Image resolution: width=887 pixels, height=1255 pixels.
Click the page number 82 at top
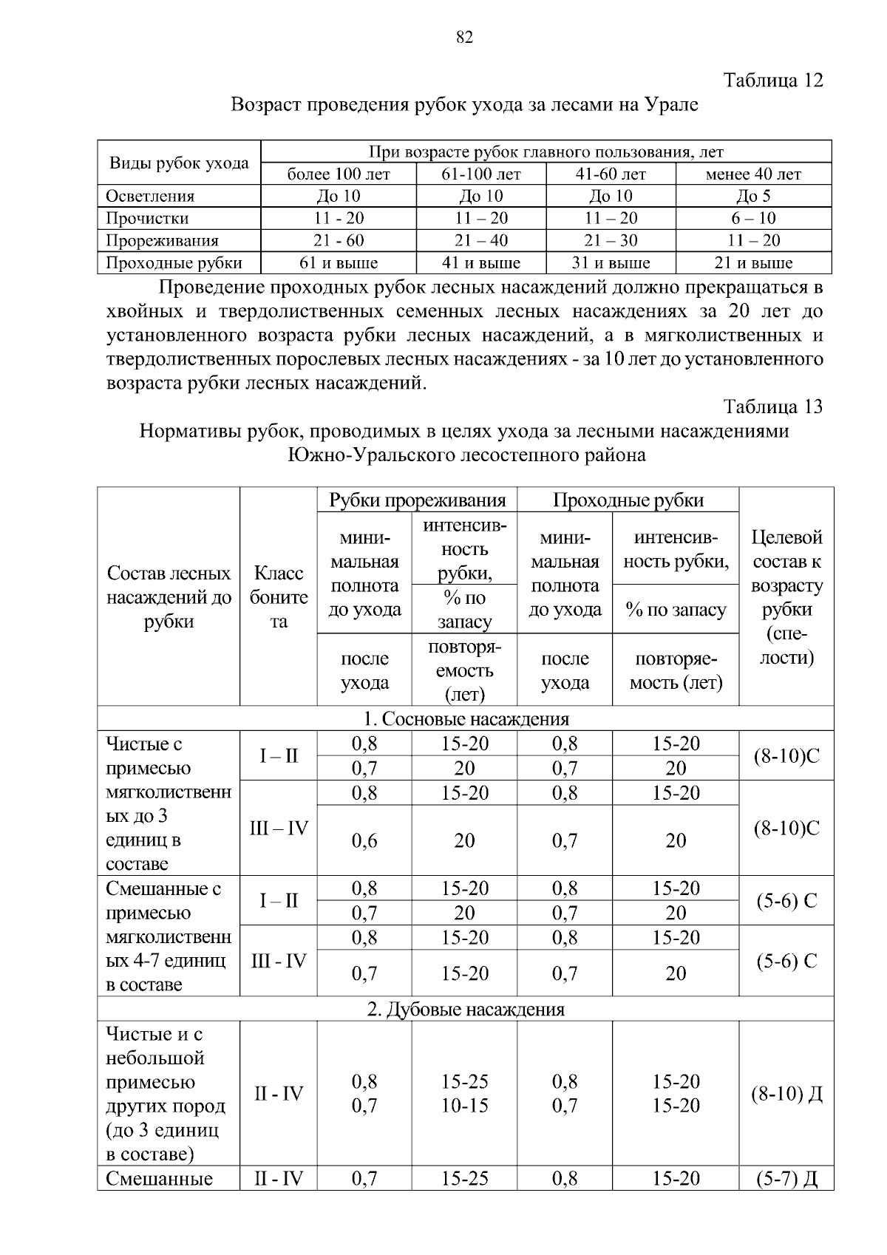[x=464, y=38]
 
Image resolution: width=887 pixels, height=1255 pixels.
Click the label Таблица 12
[x=773, y=80]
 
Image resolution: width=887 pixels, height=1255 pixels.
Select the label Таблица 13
[x=773, y=407]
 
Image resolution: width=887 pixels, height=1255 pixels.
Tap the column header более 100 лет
[x=339, y=174]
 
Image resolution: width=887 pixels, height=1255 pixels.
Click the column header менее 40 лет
[x=753, y=174]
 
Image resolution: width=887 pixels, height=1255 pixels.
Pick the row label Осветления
[x=150, y=196]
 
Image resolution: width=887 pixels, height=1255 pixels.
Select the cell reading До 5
[x=753, y=196]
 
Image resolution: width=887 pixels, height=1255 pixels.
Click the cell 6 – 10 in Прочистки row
[x=753, y=218]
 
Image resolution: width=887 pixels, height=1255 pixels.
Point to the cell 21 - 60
[x=339, y=240]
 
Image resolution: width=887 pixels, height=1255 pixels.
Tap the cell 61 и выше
[x=339, y=263]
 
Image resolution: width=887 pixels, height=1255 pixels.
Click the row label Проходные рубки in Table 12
[x=174, y=263]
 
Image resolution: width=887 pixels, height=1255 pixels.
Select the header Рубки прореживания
[x=417, y=500]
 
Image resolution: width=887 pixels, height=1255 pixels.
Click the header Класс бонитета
[x=279, y=597]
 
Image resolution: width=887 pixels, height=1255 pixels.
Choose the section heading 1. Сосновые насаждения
[x=466, y=719]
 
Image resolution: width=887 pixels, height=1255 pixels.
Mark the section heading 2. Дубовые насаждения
[x=466, y=1010]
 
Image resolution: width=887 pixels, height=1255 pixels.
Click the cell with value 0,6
[x=364, y=841]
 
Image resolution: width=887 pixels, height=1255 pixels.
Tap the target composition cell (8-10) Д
[x=786, y=1094]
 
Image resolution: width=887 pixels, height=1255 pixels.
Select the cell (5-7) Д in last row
[x=786, y=1178]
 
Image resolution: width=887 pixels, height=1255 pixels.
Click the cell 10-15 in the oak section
[x=465, y=1106]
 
